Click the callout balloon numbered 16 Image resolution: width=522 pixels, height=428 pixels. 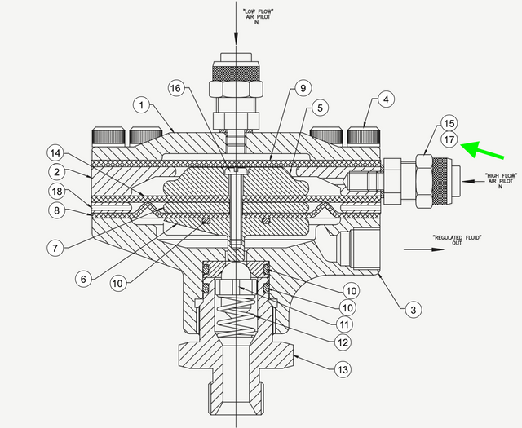(175, 88)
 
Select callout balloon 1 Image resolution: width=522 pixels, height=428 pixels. (141, 105)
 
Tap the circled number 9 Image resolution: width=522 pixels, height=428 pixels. (303, 88)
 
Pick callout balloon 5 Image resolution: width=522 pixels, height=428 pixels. (320, 108)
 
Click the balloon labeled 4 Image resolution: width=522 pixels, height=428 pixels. (386, 99)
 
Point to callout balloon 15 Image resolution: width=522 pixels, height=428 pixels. (449, 123)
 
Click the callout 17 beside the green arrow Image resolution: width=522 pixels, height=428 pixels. (449, 139)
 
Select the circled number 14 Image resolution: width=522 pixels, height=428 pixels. (55, 153)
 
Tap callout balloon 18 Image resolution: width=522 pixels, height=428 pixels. (57, 192)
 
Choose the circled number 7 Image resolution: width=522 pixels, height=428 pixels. (55, 248)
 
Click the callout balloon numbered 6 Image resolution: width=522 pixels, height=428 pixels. (83, 279)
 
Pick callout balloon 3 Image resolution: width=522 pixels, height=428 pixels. (414, 310)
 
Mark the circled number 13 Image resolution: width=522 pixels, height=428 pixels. (343, 369)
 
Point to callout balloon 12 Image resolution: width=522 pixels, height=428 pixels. (343, 342)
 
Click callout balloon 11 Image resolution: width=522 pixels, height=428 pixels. (344, 324)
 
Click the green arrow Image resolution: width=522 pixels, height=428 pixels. (482, 149)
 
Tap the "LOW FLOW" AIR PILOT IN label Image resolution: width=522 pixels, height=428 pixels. (258, 16)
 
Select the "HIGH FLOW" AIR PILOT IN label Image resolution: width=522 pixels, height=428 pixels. (501, 181)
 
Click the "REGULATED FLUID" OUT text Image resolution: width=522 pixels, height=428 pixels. (457, 240)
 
